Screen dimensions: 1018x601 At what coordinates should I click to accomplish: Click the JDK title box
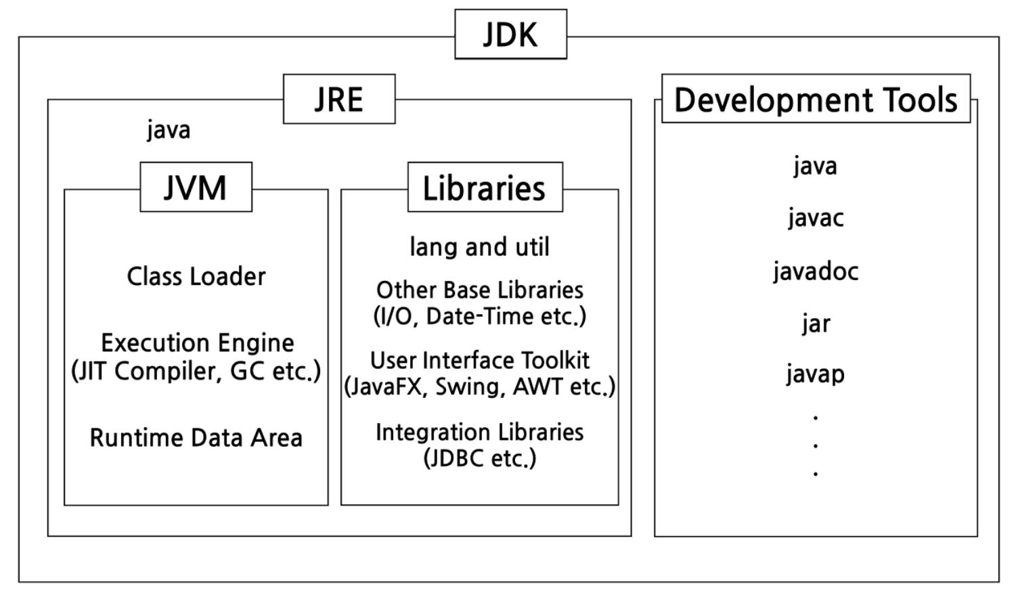pyautogui.click(x=511, y=34)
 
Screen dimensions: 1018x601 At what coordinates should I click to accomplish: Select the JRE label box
pyautogui.click(x=339, y=99)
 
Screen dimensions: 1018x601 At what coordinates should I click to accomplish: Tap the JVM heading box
pyautogui.click(x=196, y=187)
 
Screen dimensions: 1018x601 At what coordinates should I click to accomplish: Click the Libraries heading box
pyautogui.click(x=485, y=187)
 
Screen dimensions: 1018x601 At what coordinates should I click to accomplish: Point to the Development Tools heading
pyautogui.click(x=816, y=99)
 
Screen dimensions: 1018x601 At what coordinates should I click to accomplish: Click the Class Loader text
pyautogui.click(x=196, y=276)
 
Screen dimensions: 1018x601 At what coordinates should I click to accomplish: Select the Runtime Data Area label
pyautogui.click(x=196, y=438)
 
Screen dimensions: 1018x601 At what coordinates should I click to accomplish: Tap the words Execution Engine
pyautogui.click(x=197, y=342)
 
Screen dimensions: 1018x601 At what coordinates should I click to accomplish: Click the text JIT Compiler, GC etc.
pyautogui.click(x=196, y=371)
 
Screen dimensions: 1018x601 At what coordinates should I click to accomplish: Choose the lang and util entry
pyautogui.click(x=479, y=246)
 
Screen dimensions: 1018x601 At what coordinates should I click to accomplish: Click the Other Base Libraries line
pyautogui.click(x=479, y=290)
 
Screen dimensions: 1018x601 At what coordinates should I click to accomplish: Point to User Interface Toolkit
pyautogui.click(x=479, y=360)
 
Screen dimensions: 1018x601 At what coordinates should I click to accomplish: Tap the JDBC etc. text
pyautogui.click(x=479, y=458)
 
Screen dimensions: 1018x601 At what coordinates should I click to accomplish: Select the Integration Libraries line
pyautogui.click(x=479, y=432)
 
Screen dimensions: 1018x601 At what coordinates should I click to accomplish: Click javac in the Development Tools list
pyautogui.click(x=816, y=218)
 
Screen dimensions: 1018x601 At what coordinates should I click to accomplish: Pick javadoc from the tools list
pyautogui.click(x=816, y=271)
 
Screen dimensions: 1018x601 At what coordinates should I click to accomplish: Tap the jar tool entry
pyautogui.click(x=816, y=324)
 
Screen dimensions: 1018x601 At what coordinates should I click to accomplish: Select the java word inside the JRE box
pyautogui.click(x=169, y=131)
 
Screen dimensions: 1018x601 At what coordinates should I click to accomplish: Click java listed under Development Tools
pyautogui.click(x=816, y=166)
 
